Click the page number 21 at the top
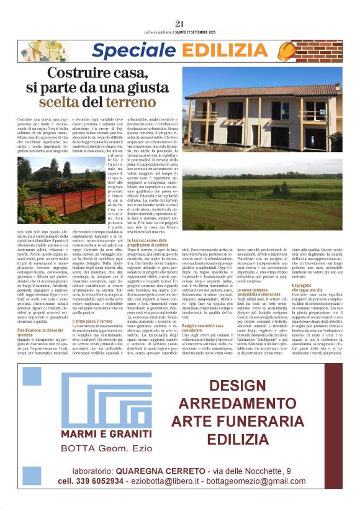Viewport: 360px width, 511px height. click(180, 24)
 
